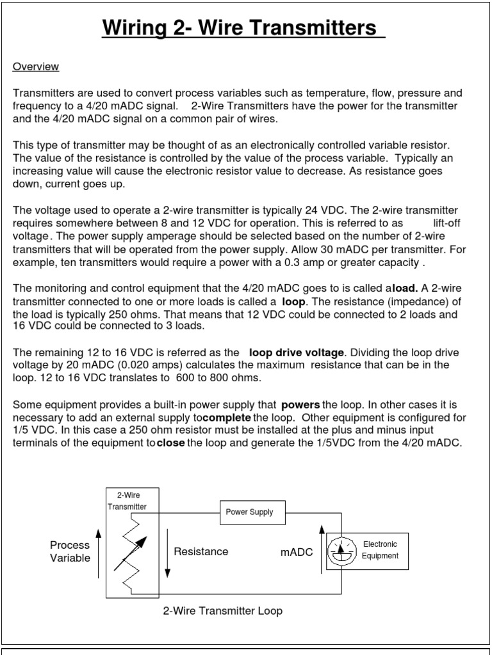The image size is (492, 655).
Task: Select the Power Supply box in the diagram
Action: pyautogui.click(x=249, y=512)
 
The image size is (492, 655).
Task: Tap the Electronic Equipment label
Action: pyautogui.click(x=380, y=550)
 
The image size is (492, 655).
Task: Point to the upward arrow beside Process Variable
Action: pyautogui.click(x=98, y=553)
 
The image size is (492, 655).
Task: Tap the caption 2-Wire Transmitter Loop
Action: pyautogui.click(x=223, y=611)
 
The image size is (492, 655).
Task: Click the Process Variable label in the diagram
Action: pyautogui.click(x=70, y=551)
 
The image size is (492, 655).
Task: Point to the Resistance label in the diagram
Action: pyautogui.click(x=201, y=551)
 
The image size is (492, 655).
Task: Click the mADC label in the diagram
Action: pyautogui.click(x=297, y=552)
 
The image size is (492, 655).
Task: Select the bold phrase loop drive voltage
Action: pyautogui.click(x=297, y=352)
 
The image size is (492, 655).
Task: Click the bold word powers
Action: pyautogui.click(x=300, y=405)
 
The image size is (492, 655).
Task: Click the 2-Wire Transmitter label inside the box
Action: pyautogui.click(x=126, y=500)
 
